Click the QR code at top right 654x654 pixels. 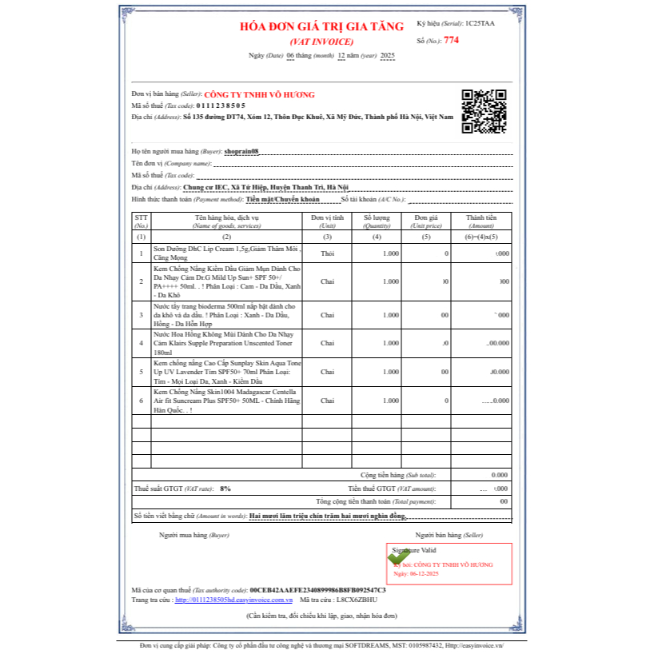tap(484, 111)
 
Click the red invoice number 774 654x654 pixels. tap(452, 39)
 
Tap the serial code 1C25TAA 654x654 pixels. tap(480, 24)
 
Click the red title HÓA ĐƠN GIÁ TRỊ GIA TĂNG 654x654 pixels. tap(321, 26)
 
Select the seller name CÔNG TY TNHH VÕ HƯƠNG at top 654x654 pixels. tap(260, 94)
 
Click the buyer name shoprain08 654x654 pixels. tap(241, 151)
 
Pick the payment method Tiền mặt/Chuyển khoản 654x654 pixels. tap(282, 198)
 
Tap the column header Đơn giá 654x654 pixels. tap(426, 217)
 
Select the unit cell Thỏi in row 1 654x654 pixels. tap(327, 253)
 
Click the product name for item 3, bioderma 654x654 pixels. tap(225, 314)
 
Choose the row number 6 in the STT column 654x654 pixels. tap(142, 401)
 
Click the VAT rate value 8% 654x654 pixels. tap(225, 488)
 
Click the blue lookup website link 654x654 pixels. tap(233, 599)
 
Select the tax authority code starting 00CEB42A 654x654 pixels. tap(317, 589)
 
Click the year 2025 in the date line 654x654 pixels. tap(387, 55)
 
